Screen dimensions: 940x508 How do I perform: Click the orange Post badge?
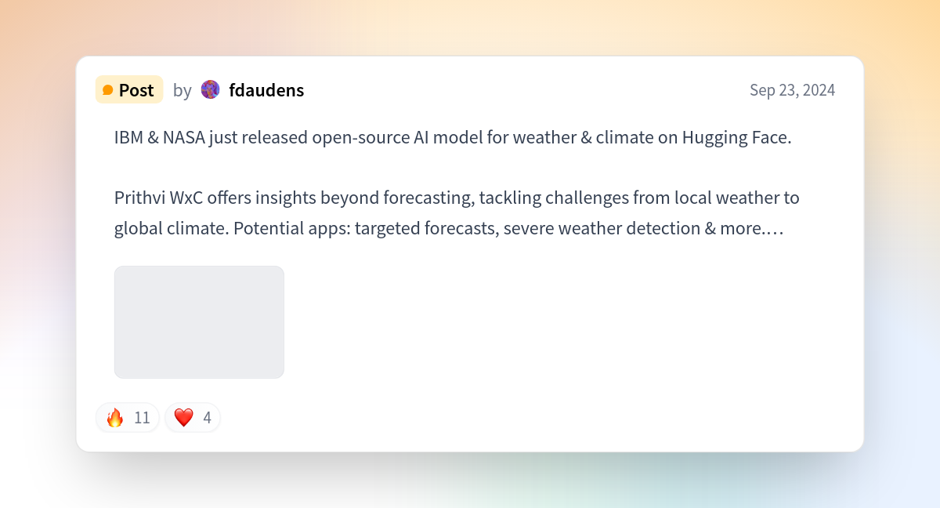(x=129, y=89)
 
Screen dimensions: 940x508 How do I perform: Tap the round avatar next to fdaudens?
(x=210, y=89)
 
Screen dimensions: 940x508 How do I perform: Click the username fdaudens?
(x=266, y=90)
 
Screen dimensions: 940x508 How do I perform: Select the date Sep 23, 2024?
(x=792, y=90)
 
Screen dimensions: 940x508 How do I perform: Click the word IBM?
(x=128, y=137)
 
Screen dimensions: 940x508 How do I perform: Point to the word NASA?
(x=184, y=137)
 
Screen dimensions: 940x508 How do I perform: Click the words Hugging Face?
(x=736, y=138)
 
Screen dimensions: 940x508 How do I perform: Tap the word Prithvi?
(x=139, y=198)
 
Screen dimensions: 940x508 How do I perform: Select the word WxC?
(x=186, y=198)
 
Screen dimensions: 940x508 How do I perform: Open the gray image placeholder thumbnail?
(x=199, y=322)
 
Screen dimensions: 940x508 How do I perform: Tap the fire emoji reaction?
(x=114, y=417)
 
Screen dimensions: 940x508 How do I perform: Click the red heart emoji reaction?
(x=184, y=417)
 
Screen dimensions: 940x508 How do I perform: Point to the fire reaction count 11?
(x=142, y=418)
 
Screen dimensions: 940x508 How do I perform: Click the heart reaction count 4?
(x=207, y=418)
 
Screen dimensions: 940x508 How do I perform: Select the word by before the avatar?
(x=182, y=91)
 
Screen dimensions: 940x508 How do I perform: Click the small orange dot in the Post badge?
(x=108, y=90)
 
